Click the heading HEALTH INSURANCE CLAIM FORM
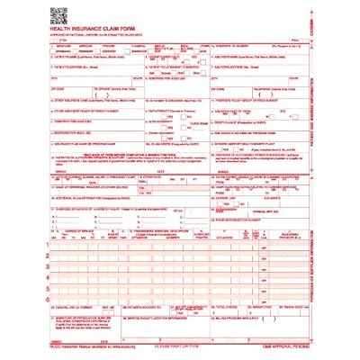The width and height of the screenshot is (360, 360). click(93, 31)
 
